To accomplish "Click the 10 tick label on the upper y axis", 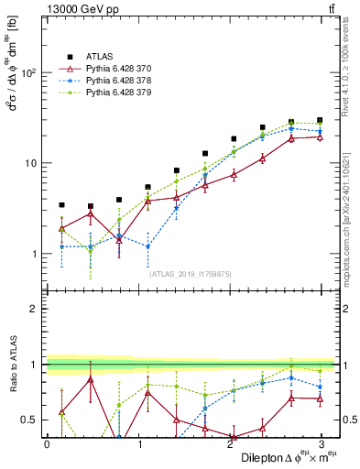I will pyautogui.click(x=31, y=163).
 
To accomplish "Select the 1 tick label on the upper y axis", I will pyautogui.click(x=35, y=254).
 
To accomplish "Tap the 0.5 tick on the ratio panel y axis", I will pyautogui.click(x=30, y=420).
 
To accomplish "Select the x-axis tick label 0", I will pyautogui.click(x=47, y=443).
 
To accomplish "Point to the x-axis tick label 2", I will pyautogui.click(x=231, y=443).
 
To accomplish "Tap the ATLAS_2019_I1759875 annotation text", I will pyautogui.click(x=190, y=274).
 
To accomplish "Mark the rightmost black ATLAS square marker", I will pyautogui.click(x=320, y=120).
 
